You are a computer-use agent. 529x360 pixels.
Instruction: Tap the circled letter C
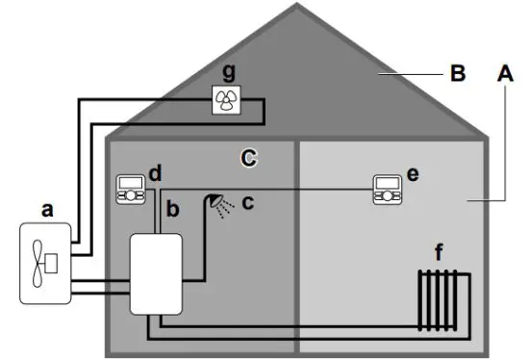tap(248, 158)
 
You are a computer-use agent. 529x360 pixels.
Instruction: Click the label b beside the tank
tap(174, 208)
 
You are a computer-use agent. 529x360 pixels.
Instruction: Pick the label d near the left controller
tap(155, 173)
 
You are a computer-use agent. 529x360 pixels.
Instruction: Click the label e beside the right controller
tap(414, 173)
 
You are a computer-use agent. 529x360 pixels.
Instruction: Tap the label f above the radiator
tap(441, 254)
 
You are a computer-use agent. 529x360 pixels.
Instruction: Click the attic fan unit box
tap(227, 98)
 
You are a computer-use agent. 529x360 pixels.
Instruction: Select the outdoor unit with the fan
tap(46, 261)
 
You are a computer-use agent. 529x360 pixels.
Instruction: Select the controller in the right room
tap(388, 189)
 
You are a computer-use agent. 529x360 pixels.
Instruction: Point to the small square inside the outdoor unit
tap(54, 260)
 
